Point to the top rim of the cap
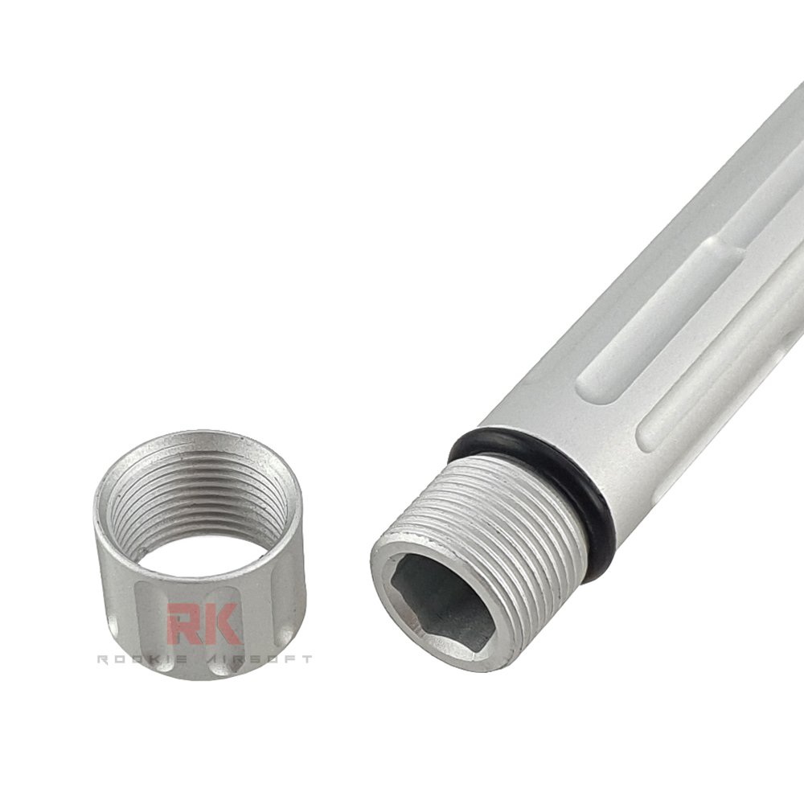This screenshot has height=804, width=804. [197, 438]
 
